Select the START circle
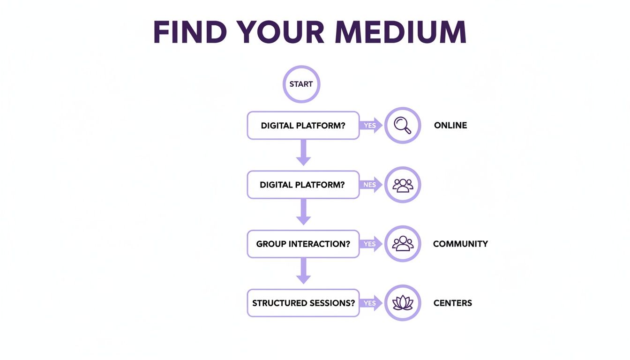[301, 84]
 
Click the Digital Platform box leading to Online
[303, 126]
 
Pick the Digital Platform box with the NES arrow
[303, 185]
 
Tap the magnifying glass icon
[403, 125]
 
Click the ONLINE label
[450, 125]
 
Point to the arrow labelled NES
[371, 185]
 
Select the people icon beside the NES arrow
[403, 185]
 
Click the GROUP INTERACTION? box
[303, 244]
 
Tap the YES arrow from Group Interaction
[371, 244]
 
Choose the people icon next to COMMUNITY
[403, 244]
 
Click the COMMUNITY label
[460, 244]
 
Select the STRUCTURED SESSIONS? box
[303, 303]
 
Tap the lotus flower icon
[403, 303]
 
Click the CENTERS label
[453, 303]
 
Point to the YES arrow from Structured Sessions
[371, 303]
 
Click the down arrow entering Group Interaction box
[303, 212]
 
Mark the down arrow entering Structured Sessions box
[303, 271]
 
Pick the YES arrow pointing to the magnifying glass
[371, 125]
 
